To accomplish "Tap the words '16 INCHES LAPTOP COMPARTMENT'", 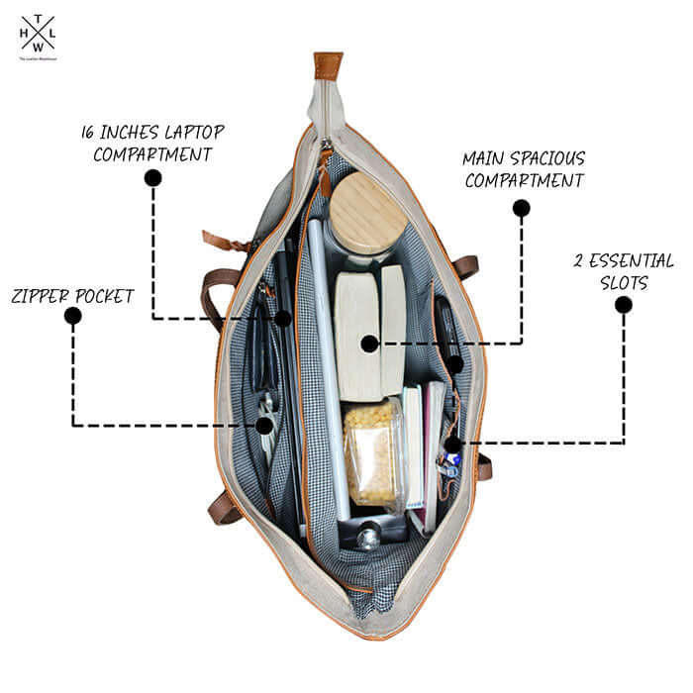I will point(152,143).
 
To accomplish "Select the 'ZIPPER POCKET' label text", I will point(72,294).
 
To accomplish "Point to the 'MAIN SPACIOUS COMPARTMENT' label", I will point(524,169).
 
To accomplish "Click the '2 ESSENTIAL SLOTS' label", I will point(624,271).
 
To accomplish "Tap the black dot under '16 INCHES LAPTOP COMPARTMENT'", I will point(152,178).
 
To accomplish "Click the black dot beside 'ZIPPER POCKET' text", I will point(72,316).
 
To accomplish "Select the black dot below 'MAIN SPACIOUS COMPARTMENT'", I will point(521,208).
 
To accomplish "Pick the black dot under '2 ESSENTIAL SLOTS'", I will point(623,305).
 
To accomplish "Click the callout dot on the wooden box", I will point(369,344).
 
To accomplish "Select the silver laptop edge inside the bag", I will point(326,376).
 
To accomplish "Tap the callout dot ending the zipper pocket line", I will point(264,426).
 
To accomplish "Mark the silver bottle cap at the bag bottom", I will point(367,539).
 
